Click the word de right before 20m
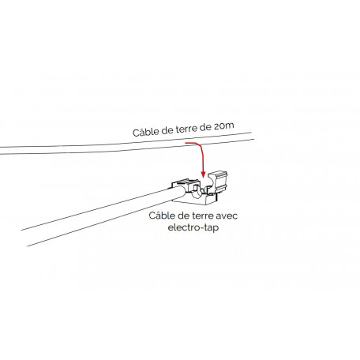pyautogui.click(x=205, y=127)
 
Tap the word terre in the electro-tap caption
pyautogui.click(x=202, y=216)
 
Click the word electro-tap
pyautogui.click(x=193, y=227)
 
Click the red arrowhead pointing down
pyautogui.click(x=203, y=174)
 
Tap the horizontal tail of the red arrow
pyautogui.click(x=192, y=143)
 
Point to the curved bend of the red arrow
pyautogui.click(x=201, y=146)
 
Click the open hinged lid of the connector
pyautogui.click(x=218, y=179)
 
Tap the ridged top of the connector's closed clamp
pyautogui.click(x=186, y=183)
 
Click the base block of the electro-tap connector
pyautogui.click(x=195, y=200)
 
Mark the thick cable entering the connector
pyautogui.click(x=102, y=216)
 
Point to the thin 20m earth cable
pyautogui.click(x=126, y=144)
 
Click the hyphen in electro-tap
pyautogui.click(x=201, y=228)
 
